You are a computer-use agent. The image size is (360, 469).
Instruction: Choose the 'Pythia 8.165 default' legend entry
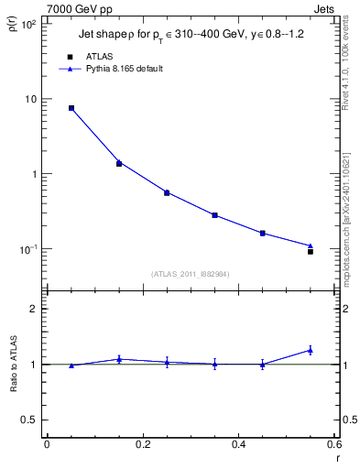[x=110, y=69]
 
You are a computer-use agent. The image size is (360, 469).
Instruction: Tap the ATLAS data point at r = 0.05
[x=71, y=108]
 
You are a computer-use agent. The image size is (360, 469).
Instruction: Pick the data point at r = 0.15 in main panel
[x=119, y=163]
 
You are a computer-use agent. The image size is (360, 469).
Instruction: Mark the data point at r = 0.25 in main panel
[x=167, y=192]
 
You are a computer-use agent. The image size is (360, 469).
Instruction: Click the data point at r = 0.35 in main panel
[x=214, y=215]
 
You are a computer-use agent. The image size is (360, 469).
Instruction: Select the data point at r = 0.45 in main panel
[x=263, y=233]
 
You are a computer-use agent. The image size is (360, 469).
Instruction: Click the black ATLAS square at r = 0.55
[x=311, y=251]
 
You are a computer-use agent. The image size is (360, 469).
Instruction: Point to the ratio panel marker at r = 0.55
[x=311, y=350]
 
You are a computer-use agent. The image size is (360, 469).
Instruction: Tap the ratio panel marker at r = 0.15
[x=119, y=359]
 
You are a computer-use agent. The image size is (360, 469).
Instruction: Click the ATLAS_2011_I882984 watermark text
[x=190, y=274]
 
